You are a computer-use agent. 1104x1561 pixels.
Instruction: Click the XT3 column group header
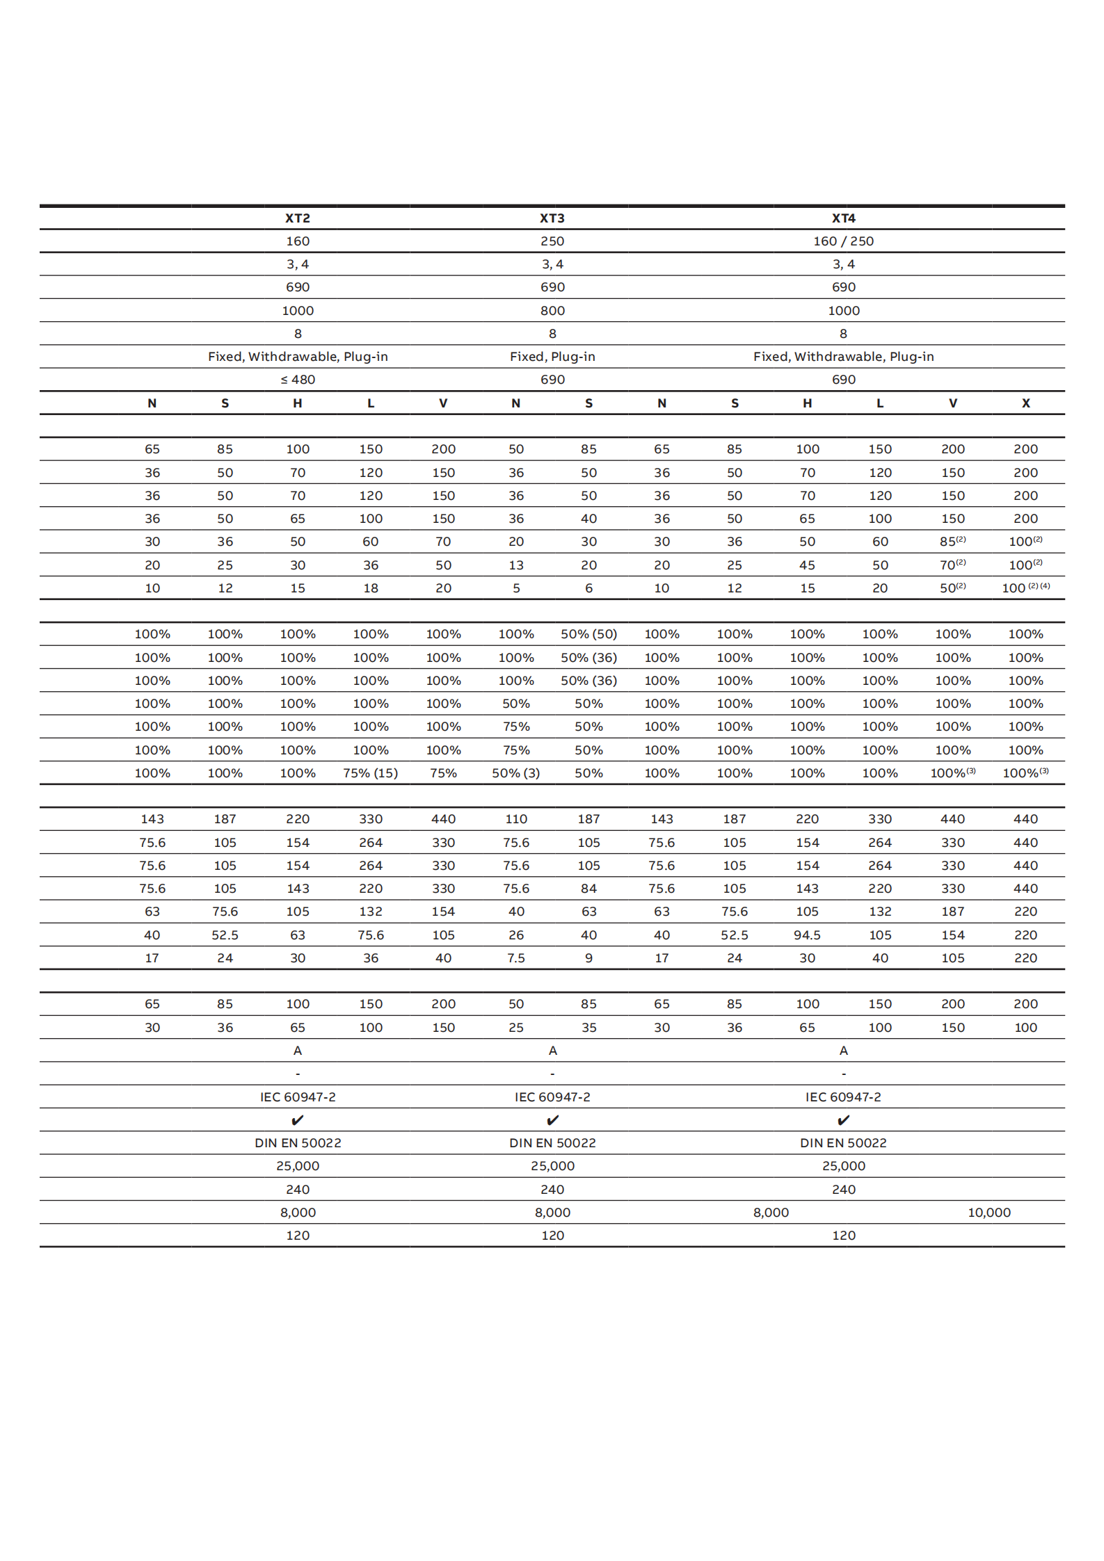coord(552,218)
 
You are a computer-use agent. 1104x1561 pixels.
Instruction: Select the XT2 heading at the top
coord(298,218)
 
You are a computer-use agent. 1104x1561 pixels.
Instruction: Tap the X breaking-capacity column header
coord(1025,403)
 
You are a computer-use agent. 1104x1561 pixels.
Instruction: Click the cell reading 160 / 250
coord(843,241)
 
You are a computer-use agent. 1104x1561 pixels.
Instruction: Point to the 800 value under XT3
coord(552,311)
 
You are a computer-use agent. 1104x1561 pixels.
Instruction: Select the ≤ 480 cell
coord(298,380)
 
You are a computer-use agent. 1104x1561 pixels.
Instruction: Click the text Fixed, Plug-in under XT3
coord(552,357)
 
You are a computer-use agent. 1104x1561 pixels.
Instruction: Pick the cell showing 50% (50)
coord(589,634)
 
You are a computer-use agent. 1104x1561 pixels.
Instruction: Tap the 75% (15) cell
coord(370,773)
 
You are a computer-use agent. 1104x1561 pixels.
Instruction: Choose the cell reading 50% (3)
coord(515,773)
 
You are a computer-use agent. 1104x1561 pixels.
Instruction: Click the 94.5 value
coord(807,935)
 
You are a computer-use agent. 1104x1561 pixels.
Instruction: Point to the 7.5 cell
coord(515,958)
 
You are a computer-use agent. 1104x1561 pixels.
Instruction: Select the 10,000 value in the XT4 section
coord(989,1213)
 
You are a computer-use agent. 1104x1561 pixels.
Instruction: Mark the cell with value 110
coord(515,819)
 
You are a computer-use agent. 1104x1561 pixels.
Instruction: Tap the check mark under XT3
coord(552,1120)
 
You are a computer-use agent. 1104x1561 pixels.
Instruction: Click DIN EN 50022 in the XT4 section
coord(843,1143)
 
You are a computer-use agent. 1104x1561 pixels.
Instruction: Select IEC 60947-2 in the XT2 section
coord(298,1097)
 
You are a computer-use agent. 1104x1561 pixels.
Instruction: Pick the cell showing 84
coord(589,889)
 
